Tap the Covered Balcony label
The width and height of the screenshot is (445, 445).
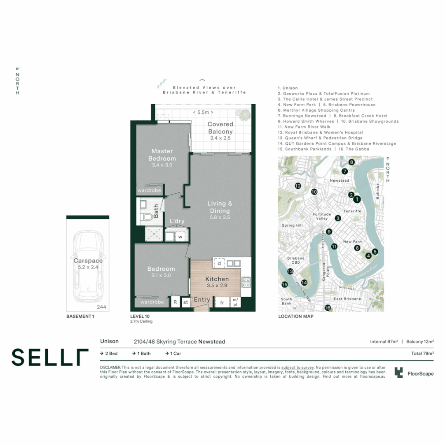[220, 128]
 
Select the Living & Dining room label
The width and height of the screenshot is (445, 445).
[220, 207]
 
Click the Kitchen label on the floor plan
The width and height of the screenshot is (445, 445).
[217, 279]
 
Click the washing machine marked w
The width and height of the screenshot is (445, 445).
[180, 237]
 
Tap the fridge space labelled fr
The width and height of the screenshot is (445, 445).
[222, 303]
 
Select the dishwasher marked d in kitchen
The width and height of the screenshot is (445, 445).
[219, 263]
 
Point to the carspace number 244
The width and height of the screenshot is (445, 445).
[101, 307]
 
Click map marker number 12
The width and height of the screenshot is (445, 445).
[298, 186]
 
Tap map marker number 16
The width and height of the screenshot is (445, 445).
[328, 307]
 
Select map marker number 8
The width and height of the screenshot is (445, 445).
[351, 162]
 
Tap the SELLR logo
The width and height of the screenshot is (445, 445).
[50, 357]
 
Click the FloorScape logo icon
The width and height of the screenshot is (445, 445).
[398, 373]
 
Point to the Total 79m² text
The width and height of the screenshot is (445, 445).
[422, 353]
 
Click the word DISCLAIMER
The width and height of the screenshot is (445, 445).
[110, 367]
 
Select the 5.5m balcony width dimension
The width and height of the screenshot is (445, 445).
[204, 112]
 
